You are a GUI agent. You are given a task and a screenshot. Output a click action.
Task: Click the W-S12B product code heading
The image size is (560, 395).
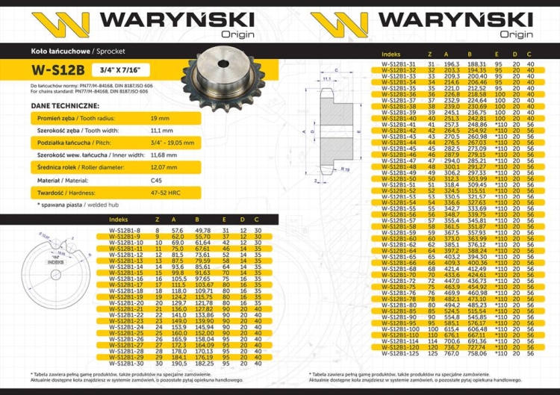[x=57, y=71]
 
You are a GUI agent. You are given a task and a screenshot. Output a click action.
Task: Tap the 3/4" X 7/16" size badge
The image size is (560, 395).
[x=113, y=71]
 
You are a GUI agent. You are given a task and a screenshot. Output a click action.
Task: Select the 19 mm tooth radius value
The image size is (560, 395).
[x=161, y=119]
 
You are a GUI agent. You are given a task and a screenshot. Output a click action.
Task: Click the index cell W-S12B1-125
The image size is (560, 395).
[x=400, y=353]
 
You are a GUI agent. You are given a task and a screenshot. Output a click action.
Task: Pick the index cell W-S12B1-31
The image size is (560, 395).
[x=399, y=63]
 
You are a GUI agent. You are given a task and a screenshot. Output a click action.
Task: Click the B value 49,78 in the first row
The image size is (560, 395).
[x=202, y=231]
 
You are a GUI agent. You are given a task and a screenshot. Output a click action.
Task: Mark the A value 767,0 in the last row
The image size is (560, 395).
[x=450, y=353]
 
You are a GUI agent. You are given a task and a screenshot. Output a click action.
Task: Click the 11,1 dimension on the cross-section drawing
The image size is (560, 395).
[x=327, y=78]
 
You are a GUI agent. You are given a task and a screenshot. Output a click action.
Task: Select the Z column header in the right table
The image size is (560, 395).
[x=429, y=55]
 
